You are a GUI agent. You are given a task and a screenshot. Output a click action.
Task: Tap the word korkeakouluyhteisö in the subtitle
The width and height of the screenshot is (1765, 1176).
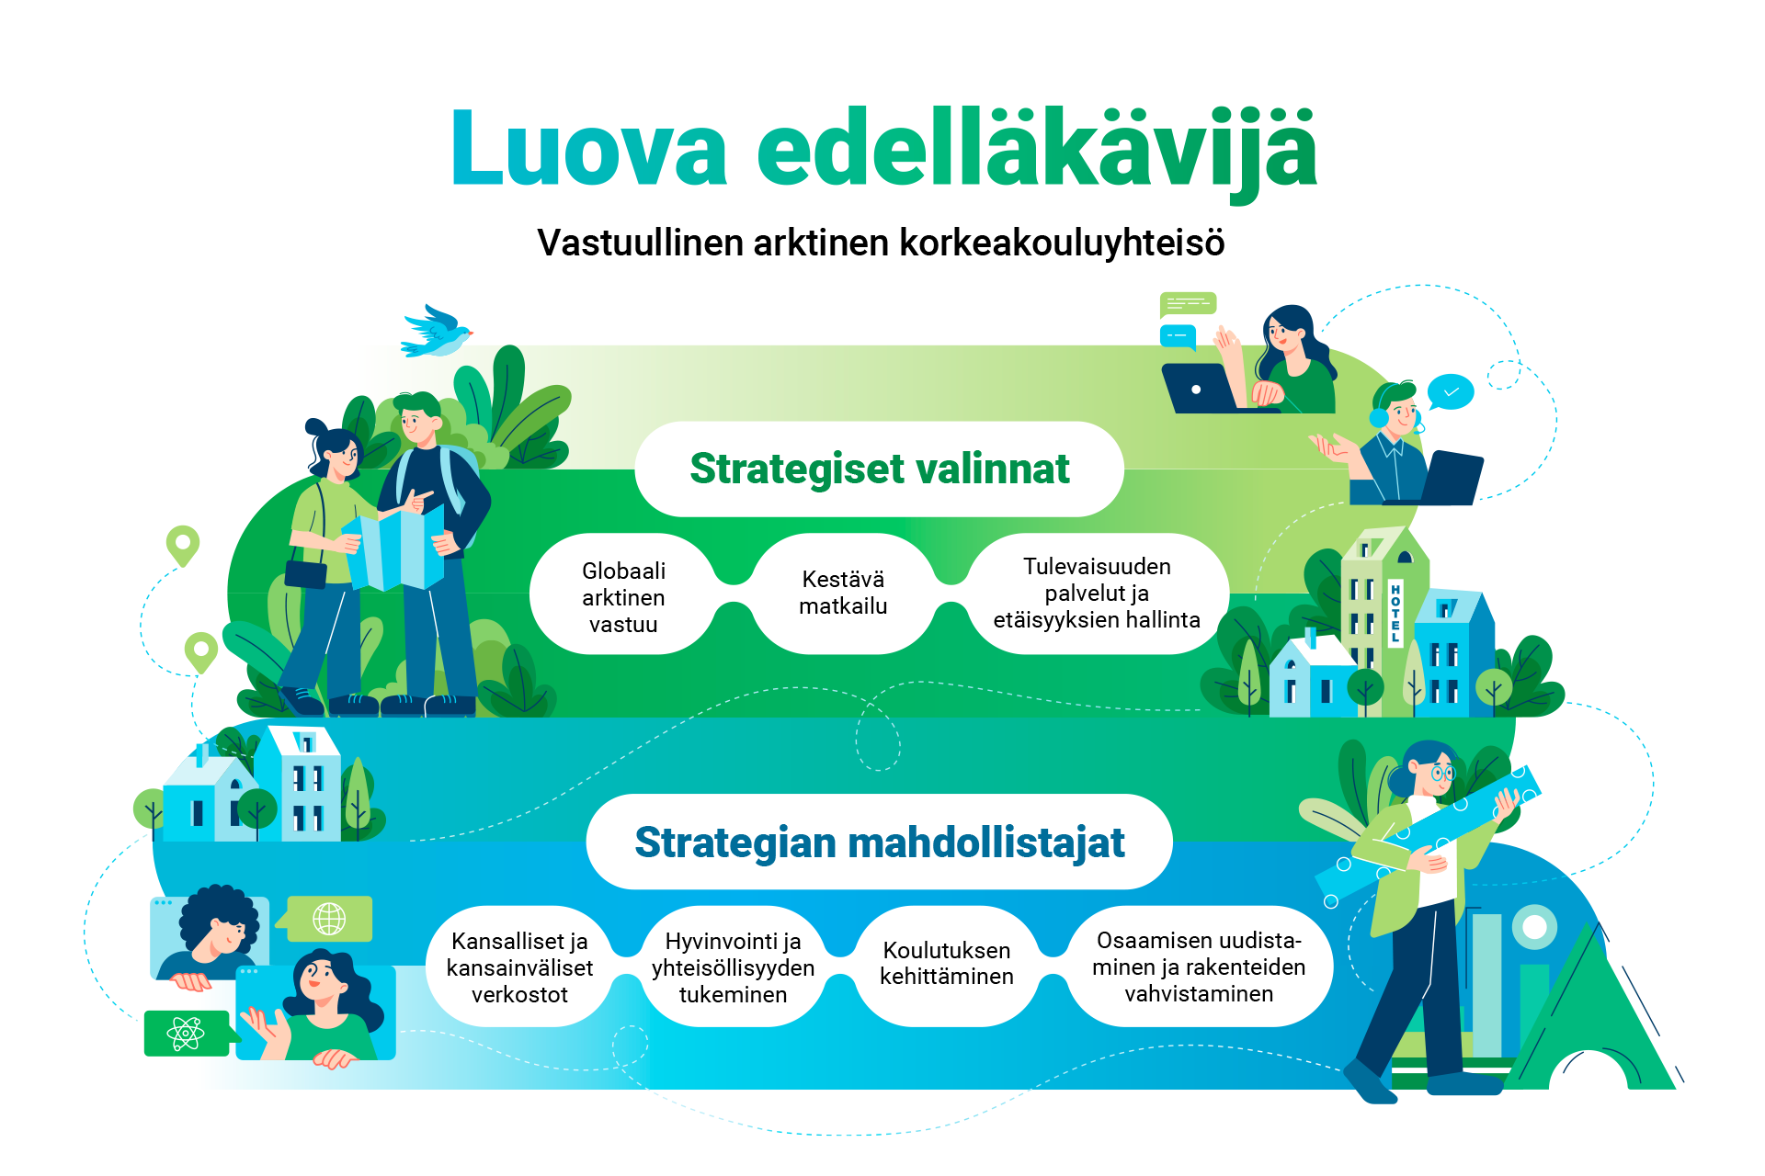click(x=1062, y=243)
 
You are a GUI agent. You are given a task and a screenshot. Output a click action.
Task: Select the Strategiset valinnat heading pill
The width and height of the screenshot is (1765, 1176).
click(x=879, y=469)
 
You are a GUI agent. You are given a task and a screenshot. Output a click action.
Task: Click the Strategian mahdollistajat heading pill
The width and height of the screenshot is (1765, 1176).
click(x=879, y=842)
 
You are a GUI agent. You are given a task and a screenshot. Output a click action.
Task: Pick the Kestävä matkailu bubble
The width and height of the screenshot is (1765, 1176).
click(x=843, y=593)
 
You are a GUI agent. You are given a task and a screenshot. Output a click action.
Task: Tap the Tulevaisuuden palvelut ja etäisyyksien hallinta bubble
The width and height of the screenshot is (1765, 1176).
click(x=1097, y=593)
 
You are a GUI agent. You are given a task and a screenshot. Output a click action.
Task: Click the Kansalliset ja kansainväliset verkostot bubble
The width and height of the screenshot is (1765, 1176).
click(x=519, y=967)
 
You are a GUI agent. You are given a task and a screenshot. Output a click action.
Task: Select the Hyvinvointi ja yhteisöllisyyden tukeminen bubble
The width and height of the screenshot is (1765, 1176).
click(x=733, y=967)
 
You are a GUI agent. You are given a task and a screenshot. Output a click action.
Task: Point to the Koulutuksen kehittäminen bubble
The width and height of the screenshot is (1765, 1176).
click(x=946, y=964)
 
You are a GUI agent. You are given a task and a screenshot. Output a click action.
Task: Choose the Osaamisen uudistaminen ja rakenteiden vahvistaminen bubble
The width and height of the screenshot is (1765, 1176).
click(x=1199, y=967)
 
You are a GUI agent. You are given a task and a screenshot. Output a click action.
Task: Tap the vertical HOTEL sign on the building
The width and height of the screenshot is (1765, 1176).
click(x=1395, y=613)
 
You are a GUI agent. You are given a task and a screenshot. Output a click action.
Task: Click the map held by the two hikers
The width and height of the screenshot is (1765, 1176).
click(x=393, y=550)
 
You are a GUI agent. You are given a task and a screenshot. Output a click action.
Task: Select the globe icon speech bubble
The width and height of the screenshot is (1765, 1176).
click(x=327, y=919)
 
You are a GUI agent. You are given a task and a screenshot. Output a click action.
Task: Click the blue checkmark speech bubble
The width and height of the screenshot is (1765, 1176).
click(x=1451, y=392)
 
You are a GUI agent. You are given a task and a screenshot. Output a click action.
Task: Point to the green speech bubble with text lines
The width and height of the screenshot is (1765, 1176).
click(x=1188, y=304)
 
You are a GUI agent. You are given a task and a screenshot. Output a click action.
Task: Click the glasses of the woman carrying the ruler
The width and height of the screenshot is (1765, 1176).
click(x=1440, y=775)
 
